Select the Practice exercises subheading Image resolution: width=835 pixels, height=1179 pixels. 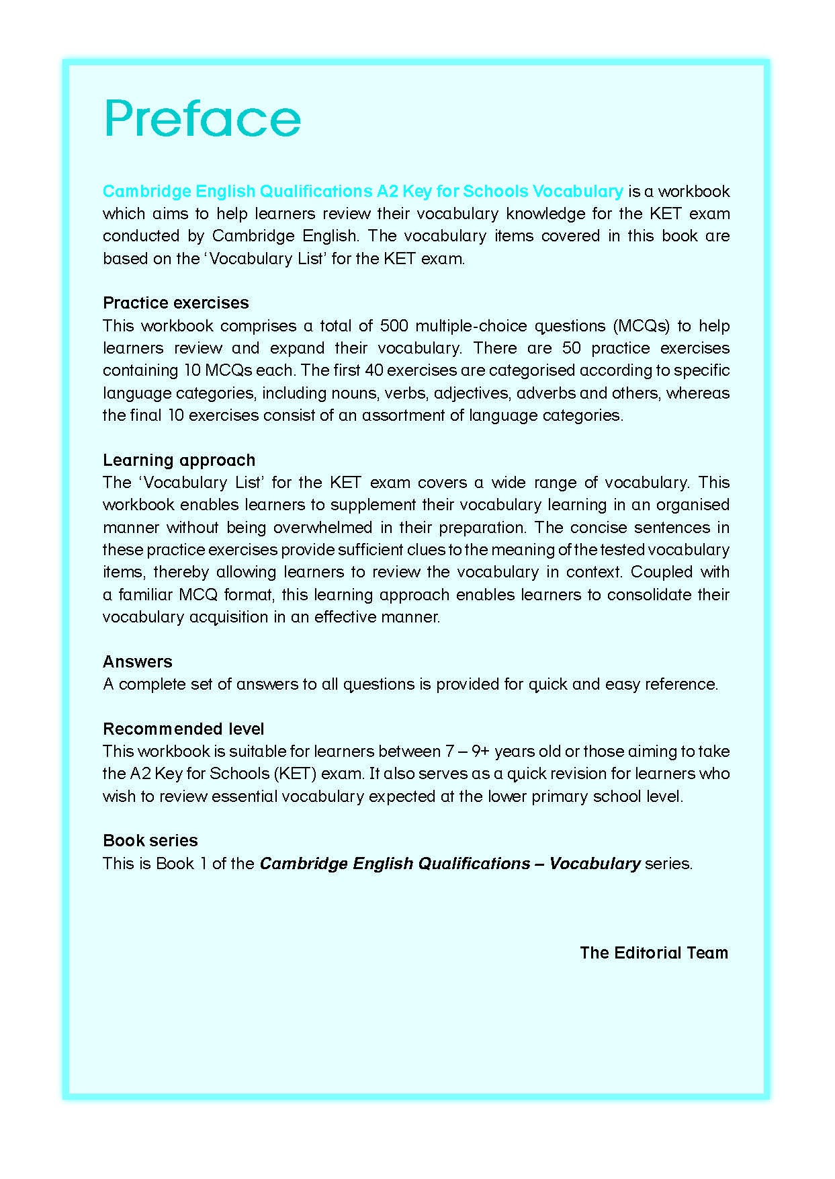[175, 302]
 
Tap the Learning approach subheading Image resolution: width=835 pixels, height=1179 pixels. [179, 460]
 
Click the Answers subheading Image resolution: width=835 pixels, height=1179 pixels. [137, 661]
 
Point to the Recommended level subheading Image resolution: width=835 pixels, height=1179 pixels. [183, 729]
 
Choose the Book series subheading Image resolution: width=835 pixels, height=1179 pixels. [150, 840]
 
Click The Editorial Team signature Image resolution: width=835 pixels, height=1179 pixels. [654, 952]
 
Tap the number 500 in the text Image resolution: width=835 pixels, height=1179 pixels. [394, 326]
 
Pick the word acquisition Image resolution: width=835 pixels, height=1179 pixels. [228, 617]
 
